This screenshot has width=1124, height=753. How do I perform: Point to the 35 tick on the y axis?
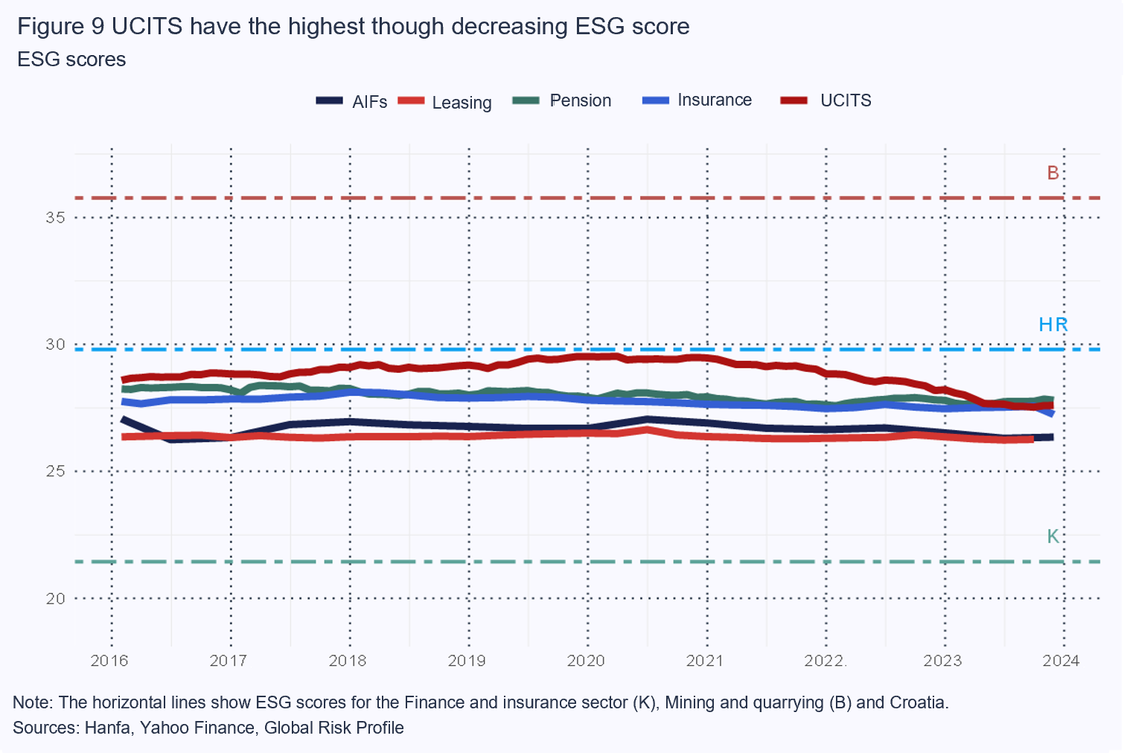tap(55, 218)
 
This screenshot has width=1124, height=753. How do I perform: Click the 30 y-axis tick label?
tap(55, 345)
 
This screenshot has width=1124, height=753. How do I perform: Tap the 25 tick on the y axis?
tap(55, 471)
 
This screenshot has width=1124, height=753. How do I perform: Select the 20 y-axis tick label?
tap(55, 598)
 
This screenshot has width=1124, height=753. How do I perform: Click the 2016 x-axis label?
tap(109, 661)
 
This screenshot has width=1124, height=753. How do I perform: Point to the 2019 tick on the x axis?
tap(467, 661)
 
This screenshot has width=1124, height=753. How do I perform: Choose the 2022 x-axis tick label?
tap(824, 661)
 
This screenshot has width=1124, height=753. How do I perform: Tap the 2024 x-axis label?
tap(1061, 661)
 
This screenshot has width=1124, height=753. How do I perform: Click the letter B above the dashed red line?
tap(1053, 173)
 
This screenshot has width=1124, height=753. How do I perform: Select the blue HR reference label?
tap(1053, 324)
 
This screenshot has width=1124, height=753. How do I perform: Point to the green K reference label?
tap(1053, 536)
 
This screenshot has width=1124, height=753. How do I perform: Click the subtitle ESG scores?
tap(71, 60)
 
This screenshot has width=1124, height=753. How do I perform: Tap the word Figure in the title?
tap(51, 27)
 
